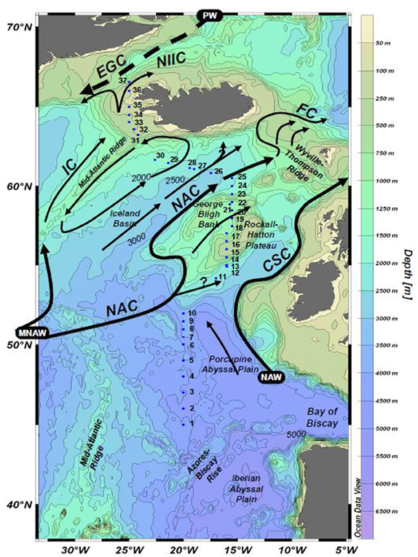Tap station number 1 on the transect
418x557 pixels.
click(x=191, y=423)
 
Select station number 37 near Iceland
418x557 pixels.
click(x=122, y=81)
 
